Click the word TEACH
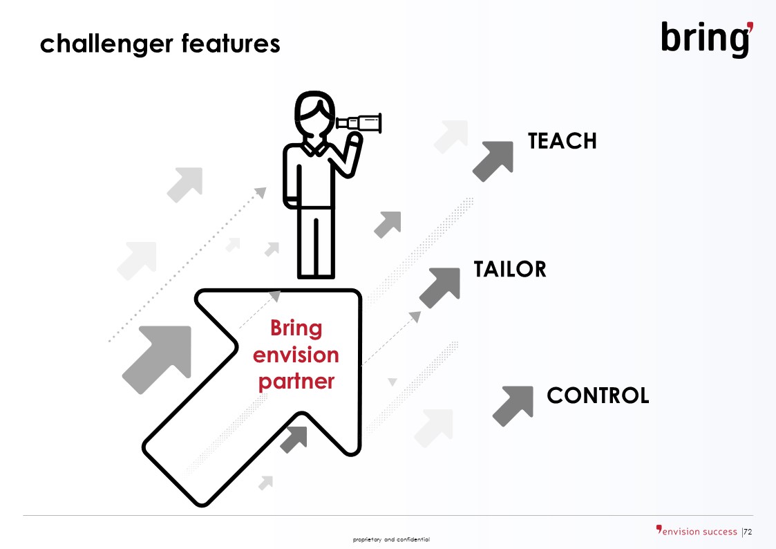pyautogui.click(x=562, y=141)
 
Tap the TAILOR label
pyautogui.click(x=510, y=269)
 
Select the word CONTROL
pyautogui.click(x=598, y=396)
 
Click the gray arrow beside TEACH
pyautogui.click(x=493, y=161)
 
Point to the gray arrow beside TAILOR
pyautogui.click(x=439, y=288)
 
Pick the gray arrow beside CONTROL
pyautogui.click(x=513, y=406)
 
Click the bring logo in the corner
pyautogui.click(x=707, y=39)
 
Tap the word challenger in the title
pyautogui.click(x=106, y=44)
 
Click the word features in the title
pyautogui.click(x=231, y=44)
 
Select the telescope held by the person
pyautogui.click(x=359, y=123)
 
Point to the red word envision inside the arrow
pyautogui.click(x=296, y=355)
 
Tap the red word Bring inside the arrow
pyautogui.click(x=296, y=328)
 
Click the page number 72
pyautogui.click(x=748, y=532)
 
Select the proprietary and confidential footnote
pyautogui.click(x=391, y=539)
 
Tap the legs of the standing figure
pyautogui.click(x=316, y=243)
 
